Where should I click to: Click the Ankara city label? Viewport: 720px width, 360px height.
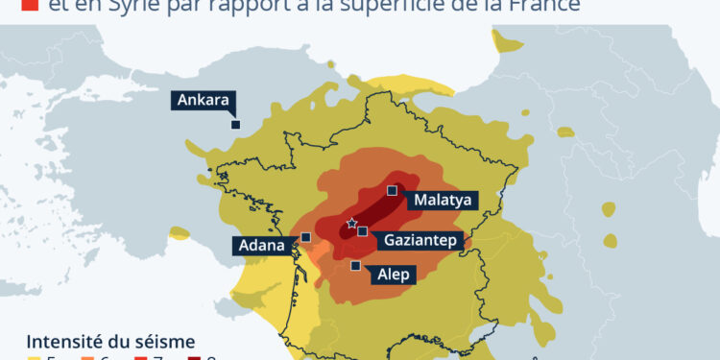(x=203, y=100)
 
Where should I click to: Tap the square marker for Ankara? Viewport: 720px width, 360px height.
(x=234, y=123)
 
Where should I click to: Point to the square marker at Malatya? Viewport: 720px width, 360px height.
(x=392, y=191)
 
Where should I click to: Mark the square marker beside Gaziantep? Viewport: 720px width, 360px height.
(x=363, y=231)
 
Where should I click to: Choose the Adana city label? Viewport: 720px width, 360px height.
(x=259, y=246)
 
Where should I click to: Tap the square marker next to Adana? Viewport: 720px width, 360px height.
(x=305, y=237)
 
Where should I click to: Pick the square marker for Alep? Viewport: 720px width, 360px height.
(x=355, y=266)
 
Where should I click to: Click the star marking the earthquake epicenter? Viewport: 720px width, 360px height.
(x=351, y=224)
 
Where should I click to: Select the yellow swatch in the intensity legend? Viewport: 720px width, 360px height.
(x=35, y=357)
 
